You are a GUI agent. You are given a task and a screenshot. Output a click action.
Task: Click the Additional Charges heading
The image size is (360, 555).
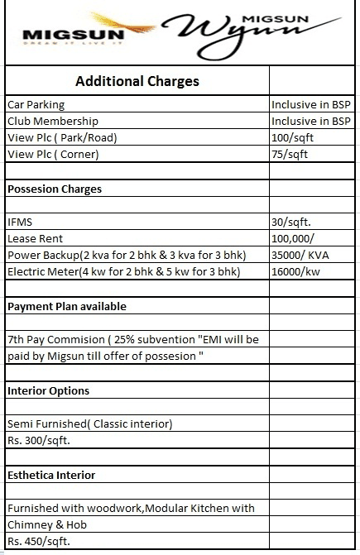(137, 81)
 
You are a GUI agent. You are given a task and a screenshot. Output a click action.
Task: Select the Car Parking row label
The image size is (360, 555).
(36, 106)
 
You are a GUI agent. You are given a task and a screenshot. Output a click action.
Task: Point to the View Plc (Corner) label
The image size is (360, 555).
(53, 154)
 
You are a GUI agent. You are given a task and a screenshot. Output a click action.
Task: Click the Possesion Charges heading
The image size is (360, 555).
(55, 189)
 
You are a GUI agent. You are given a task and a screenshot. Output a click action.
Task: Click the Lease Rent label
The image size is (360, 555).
(31, 238)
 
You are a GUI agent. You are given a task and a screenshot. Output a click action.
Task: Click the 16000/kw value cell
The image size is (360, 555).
(295, 272)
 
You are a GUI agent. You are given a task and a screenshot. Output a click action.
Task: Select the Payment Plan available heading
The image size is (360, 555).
(67, 306)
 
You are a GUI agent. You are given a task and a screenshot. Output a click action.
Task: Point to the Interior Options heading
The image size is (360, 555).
(48, 390)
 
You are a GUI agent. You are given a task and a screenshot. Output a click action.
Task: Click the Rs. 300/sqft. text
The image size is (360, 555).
(38, 440)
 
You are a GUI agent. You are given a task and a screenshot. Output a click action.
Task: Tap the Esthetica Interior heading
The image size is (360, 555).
(51, 475)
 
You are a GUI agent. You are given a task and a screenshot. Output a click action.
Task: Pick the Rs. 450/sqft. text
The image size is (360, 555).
(38, 541)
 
